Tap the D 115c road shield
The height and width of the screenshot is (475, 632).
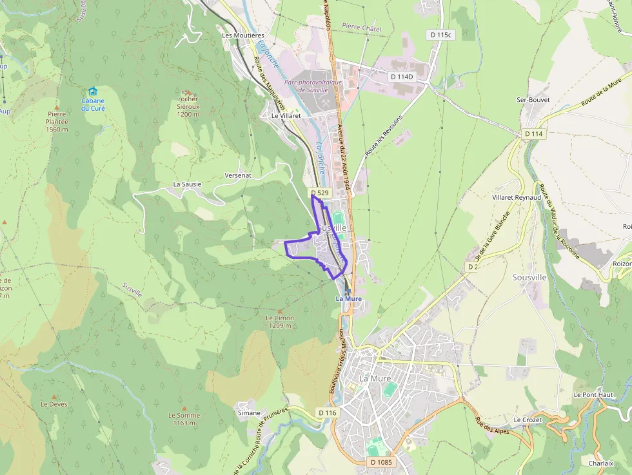point(441,34)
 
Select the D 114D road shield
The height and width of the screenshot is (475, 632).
point(401,77)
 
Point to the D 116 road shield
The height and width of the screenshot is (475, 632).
point(328,412)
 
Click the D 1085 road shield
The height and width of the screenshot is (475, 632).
point(382,462)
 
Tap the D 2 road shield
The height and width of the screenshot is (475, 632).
point(473,266)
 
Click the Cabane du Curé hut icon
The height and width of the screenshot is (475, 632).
point(93,92)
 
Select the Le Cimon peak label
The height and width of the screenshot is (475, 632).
point(280,318)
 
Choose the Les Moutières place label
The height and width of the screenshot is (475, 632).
point(243,35)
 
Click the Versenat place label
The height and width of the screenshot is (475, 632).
point(237,175)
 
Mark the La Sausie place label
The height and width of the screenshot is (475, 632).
point(187,184)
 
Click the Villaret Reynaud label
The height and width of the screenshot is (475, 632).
point(517,197)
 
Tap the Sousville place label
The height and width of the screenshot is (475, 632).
point(529,277)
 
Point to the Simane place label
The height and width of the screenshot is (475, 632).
point(249,412)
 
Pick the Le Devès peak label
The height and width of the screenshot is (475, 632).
point(54,404)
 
